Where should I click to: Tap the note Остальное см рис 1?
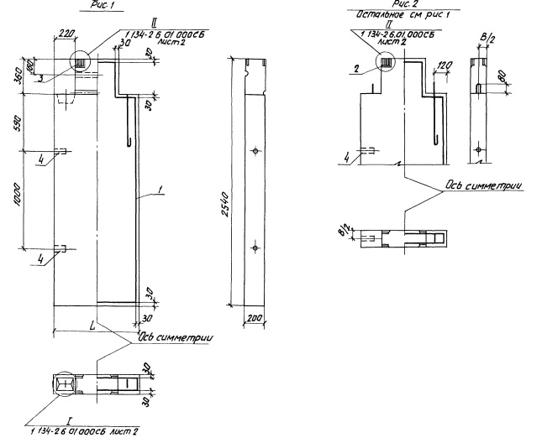coord(389,16)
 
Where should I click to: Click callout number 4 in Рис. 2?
coord(345,154)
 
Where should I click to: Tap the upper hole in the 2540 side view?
coord(254,151)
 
